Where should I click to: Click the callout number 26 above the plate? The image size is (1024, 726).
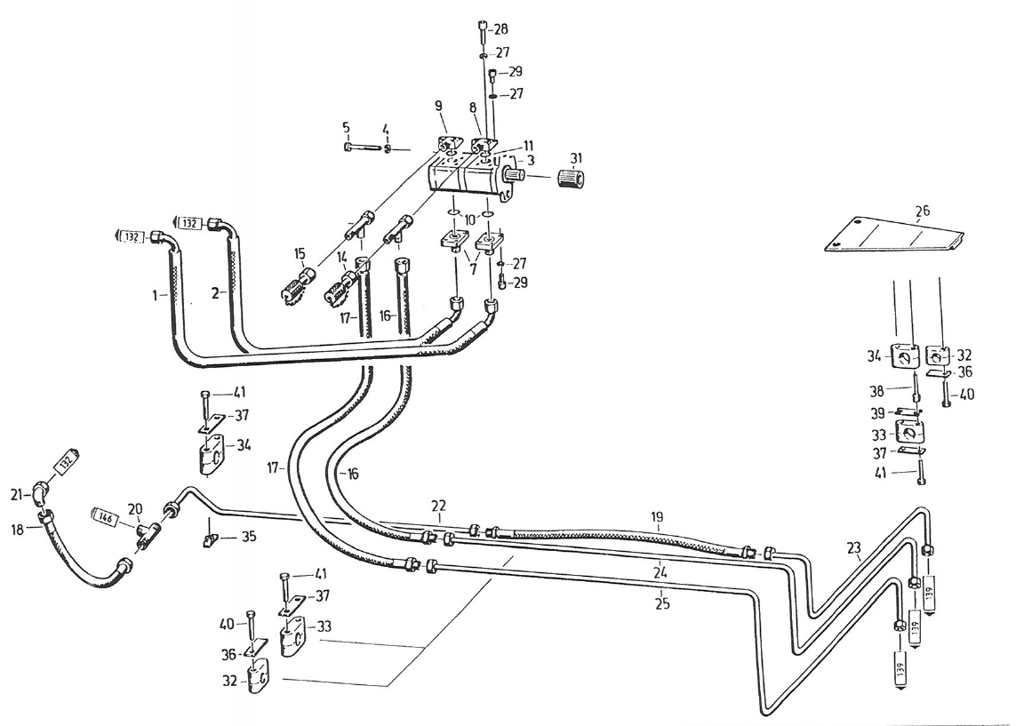tap(923, 211)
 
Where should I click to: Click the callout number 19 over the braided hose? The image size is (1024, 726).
tap(657, 515)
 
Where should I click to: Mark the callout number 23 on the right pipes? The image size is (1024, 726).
tap(855, 549)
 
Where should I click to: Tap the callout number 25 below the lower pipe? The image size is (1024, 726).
tap(661, 604)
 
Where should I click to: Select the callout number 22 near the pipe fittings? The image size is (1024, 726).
tap(438, 506)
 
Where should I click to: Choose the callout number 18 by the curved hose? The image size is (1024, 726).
tap(17, 529)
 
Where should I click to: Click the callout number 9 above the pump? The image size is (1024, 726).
tap(438, 106)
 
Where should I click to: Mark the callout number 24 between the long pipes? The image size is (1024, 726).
tap(659, 570)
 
